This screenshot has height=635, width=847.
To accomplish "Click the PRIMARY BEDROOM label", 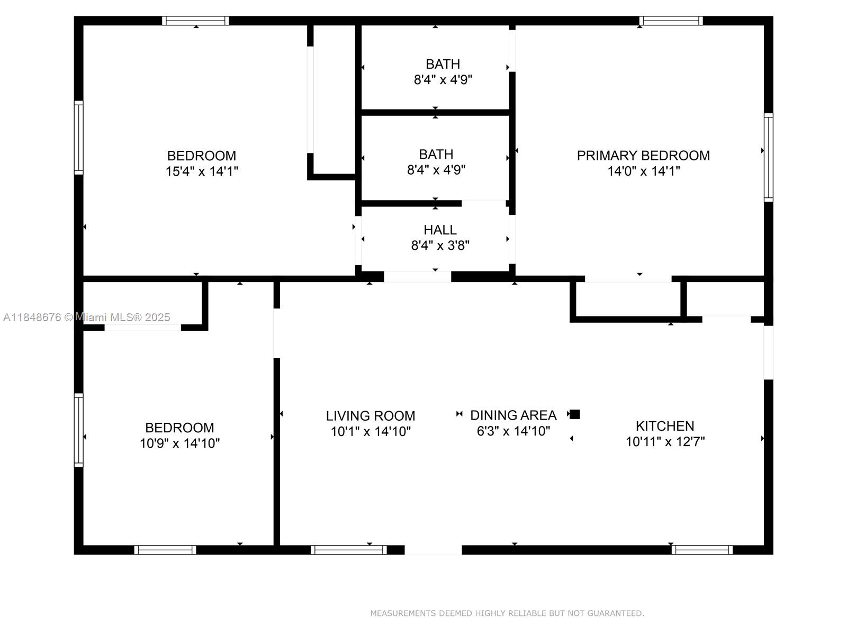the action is (x=643, y=156).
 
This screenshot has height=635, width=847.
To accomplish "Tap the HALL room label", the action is (x=440, y=230).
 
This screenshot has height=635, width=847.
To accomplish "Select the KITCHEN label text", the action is (x=665, y=426).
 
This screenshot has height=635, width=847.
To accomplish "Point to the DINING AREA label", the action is (x=513, y=415).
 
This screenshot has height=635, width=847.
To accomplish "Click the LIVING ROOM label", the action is (x=371, y=416).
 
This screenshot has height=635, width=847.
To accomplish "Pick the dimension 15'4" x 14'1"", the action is (x=202, y=171).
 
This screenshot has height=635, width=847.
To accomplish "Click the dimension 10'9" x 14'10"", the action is (x=180, y=443).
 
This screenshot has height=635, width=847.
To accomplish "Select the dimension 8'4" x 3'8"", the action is (x=440, y=245).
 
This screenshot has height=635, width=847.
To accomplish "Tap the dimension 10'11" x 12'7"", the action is (x=665, y=441).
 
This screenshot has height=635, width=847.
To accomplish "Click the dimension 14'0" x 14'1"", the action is (x=644, y=171).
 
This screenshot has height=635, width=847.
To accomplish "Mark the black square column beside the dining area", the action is (x=575, y=414).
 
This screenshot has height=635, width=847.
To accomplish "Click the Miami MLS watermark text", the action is (x=87, y=317).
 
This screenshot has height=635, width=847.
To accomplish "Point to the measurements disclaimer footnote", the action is (x=507, y=613).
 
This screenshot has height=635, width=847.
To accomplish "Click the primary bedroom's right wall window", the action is (x=768, y=157).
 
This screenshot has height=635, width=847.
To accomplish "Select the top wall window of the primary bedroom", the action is (x=671, y=21).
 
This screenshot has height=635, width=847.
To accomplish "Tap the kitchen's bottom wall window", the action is (x=702, y=550).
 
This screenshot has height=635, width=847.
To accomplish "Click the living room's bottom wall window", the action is (x=348, y=550).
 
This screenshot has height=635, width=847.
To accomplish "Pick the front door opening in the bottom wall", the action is (x=433, y=550).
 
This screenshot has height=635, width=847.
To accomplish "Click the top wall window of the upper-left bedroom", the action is (x=195, y=21).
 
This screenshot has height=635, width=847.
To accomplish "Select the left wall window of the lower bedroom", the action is (x=79, y=430).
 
